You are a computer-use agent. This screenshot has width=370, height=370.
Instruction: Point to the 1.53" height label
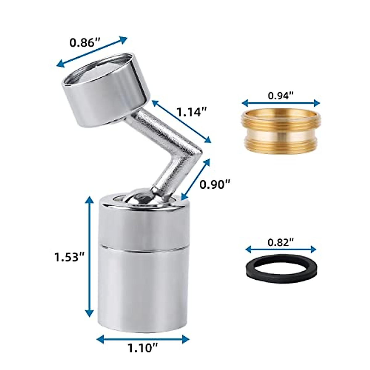67,257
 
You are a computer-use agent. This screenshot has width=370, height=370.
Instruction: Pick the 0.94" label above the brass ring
280,96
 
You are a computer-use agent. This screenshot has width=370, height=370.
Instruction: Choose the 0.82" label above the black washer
280,242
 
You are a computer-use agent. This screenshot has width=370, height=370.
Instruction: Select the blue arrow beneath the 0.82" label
281,249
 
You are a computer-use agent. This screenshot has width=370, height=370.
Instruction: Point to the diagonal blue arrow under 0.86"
92,52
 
